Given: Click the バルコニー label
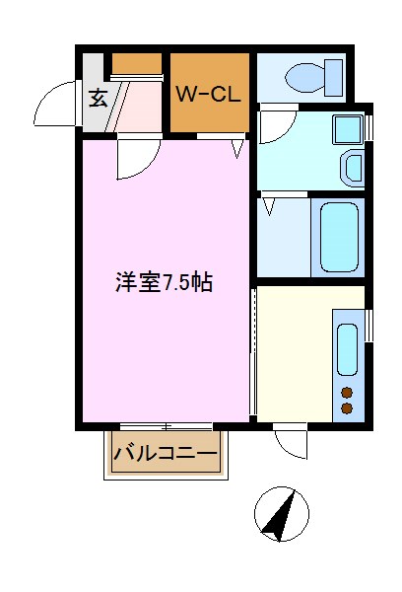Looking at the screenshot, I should click(165, 455).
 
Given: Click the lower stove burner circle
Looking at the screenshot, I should click(347, 407).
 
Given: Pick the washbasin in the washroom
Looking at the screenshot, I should click(353, 168).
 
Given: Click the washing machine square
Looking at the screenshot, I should click(347, 129).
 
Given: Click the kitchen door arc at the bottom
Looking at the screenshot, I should click(294, 441).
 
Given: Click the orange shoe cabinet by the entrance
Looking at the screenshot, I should click(136, 65).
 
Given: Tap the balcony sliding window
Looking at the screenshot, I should click(165, 426).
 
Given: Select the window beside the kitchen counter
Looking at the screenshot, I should click(369, 326).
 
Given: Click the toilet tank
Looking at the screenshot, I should click(334, 75).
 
